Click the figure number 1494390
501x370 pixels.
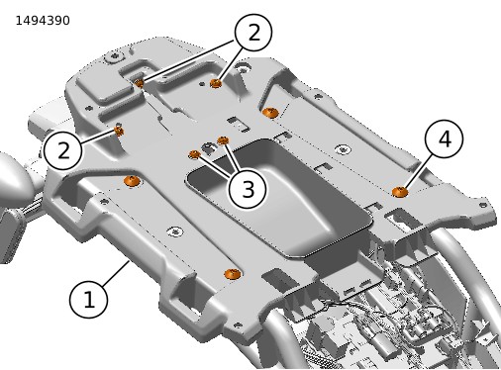(x=43, y=21)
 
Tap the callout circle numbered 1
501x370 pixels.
(x=88, y=300)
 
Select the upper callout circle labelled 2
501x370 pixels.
(x=253, y=33)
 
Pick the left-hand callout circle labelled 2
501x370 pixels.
(x=62, y=150)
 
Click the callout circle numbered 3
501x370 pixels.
(x=248, y=189)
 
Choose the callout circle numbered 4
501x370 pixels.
(x=444, y=139)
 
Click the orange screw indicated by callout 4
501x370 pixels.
(x=400, y=192)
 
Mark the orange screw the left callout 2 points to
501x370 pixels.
(x=119, y=132)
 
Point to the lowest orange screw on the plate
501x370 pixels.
(x=233, y=274)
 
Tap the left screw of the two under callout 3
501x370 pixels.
(x=194, y=154)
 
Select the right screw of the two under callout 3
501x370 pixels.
(x=223, y=140)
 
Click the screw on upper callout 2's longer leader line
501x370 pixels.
(x=140, y=83)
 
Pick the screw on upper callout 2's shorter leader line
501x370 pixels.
(x=216, y=83)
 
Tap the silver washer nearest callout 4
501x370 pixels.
(x=343, y=149)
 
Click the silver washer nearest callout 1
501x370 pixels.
(x=175, y=231)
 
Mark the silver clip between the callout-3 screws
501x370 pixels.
(x=209, y=148)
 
